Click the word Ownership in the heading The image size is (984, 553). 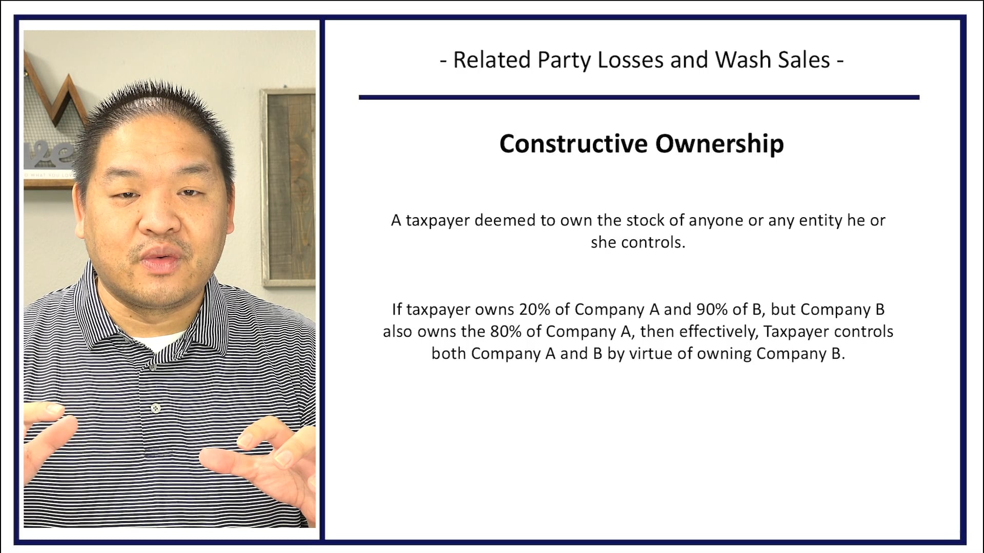tap(720, 143)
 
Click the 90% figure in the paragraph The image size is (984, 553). tap(712, 309)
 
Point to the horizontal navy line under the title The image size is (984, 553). tap(639, 97)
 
